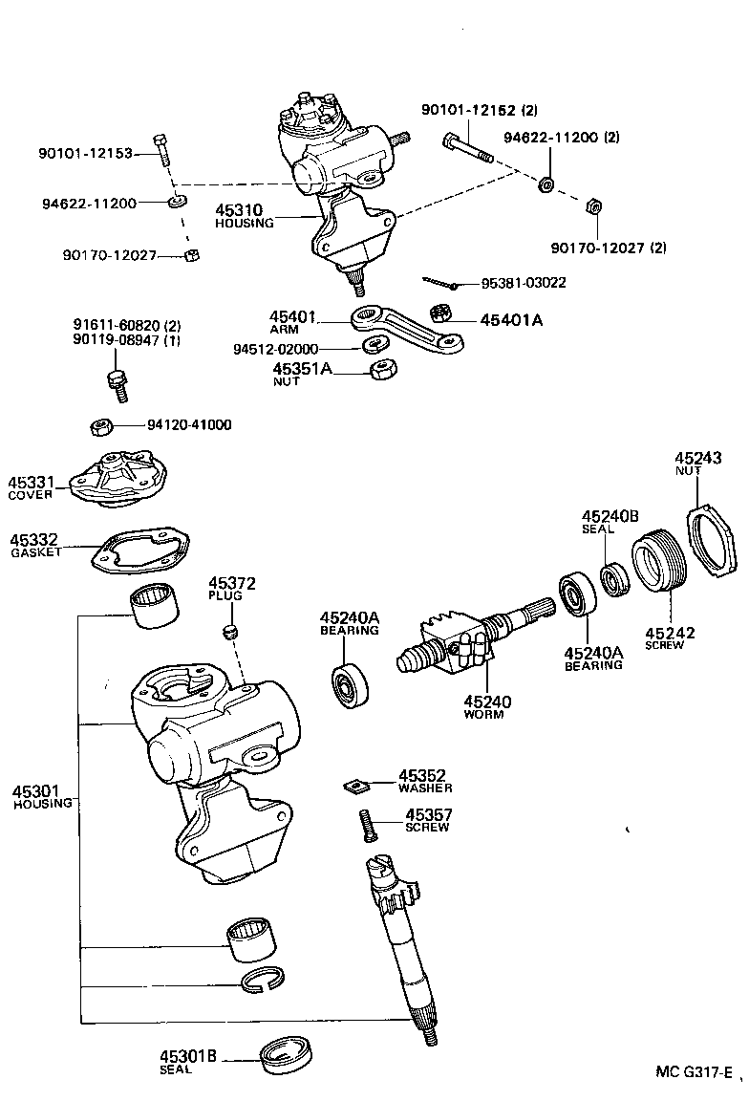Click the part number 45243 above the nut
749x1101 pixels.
[x=697, y=458]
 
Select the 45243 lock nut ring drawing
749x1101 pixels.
[x=714, y=542]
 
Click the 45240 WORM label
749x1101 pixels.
[x=486, y=707]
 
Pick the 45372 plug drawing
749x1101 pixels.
[x=229, y=631]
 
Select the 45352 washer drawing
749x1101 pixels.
[x=357, y=786]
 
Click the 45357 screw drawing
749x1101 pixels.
[x=364, y=824]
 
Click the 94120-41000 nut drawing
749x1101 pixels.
[x=101, y=425]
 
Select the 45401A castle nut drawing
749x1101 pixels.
[x=441, y=313]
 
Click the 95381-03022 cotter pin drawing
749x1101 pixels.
[x=441, y=281]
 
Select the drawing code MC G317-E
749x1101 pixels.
[x=694, y=1071]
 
